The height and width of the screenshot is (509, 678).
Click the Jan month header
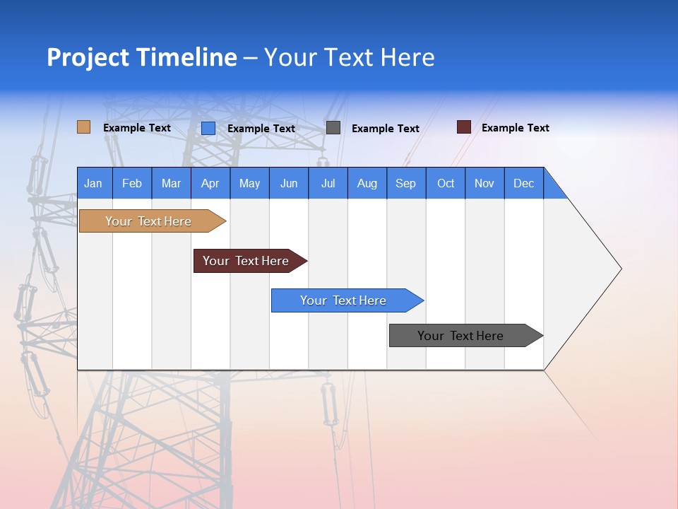[x=93, y=184]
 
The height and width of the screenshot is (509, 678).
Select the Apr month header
[x=210, y=184]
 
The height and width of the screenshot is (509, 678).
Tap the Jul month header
[x=328, y=184]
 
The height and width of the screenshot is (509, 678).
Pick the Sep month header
[x=405, y=184]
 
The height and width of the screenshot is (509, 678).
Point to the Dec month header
[x=523, y=184]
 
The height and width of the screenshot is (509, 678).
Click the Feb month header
[x=132, y=184]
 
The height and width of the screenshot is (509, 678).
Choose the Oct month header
[x=446, y=184]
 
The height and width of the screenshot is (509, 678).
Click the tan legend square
[x=83, y=127]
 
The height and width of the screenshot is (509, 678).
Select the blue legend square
[x=208, y=128]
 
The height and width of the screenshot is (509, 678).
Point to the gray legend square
[x=333, y=128]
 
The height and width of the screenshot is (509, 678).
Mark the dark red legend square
[x=464, y=127]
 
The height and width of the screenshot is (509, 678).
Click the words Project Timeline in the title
[x=141, y=57]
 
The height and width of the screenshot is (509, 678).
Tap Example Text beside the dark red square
[x=515, y=128]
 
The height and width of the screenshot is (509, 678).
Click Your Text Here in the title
[x=349, y=57]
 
